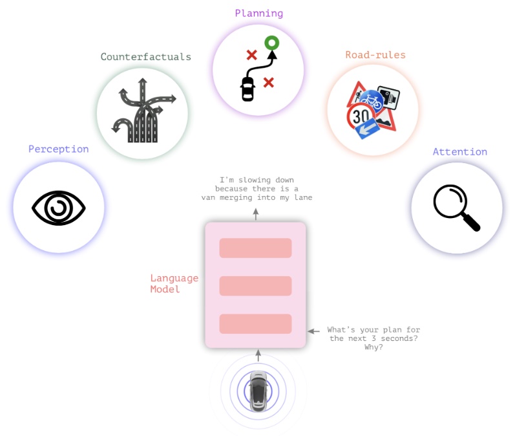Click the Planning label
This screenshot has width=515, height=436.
pyautogui.click(x=259, y=14)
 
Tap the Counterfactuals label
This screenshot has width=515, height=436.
pyautogui.click(x=146, y=57)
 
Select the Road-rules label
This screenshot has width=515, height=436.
pyautogui.click(x=375, y=55)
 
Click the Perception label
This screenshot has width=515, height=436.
pyautogui.click(x=58, y=149)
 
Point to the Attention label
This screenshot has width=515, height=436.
pyautogui.click(x=460, y=152)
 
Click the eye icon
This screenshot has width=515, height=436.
pyautogui.click(x=59, y=208)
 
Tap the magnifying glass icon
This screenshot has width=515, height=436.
pyautogui.click(x=457, y=208)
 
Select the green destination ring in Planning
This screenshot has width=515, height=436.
pyautogui.click(x=271, y=43)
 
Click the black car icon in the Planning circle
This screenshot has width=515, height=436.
pyautogui.click(x=247, y=89)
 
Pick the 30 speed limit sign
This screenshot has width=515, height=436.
pyautogui.click(x=361, y=116)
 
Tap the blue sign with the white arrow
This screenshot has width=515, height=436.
pyautogui.click(x=368, y=129)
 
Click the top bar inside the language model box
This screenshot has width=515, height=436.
pyautogui.click(x=255, y=248)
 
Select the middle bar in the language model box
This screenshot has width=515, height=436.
pyautogui.click(x=255, y=286)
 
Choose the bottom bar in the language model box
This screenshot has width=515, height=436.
pyautogui.click(x=255, y=324)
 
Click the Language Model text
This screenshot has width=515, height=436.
pyautogui.click(x=174, y=283)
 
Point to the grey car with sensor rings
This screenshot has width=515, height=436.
pyautogui.click(x=258, y=391)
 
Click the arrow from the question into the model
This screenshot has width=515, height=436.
pyautogui.click(x=313, y=331)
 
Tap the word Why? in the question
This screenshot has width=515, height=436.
pyautogui.click(x=373, y=347)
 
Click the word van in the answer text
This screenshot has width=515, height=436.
pyautogui.click(x=208, y=197)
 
